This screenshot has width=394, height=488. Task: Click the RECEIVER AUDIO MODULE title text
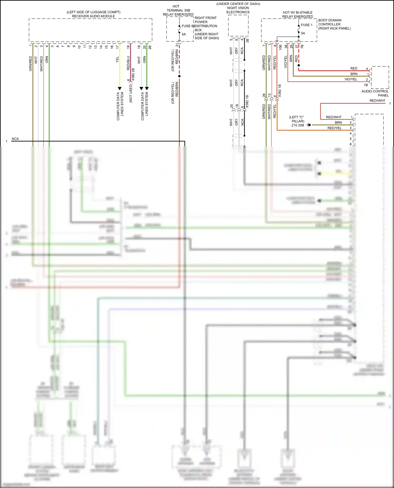pyautogui.click(x=94, y=16)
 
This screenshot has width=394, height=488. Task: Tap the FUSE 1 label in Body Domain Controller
pyautogui.click(x=307, y=25)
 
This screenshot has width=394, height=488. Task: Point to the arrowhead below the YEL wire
pyautogui.click(x=120, y=89)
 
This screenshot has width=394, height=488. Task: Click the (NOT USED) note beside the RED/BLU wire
pyautogui.click(x=131, y=93)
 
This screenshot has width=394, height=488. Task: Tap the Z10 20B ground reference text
pyautogui.click(x=298, y=125)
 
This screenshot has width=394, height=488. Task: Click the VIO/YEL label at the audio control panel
pyautogui.click(x=351, y=79)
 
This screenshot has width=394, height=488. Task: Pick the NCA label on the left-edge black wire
pyautogui.click(x=15, y=139)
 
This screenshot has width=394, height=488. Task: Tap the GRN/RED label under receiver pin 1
pyautogui.click(x=30, y=63)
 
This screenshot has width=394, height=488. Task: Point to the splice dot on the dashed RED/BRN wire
pyautogui.click(x=179, y=76)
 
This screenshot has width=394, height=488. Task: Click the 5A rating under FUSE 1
pyautogui.click(x=303, y=33)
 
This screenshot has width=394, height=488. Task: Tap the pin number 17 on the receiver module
pyautogui.click(x=117, y=47)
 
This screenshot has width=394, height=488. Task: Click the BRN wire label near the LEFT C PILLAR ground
pyautogui.click(x=338, y=122)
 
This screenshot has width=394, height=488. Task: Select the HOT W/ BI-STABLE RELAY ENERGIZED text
pyautogui.click(x=298, y=14)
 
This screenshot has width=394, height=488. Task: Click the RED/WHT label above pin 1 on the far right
pyautogui.click(x=377, y=101)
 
